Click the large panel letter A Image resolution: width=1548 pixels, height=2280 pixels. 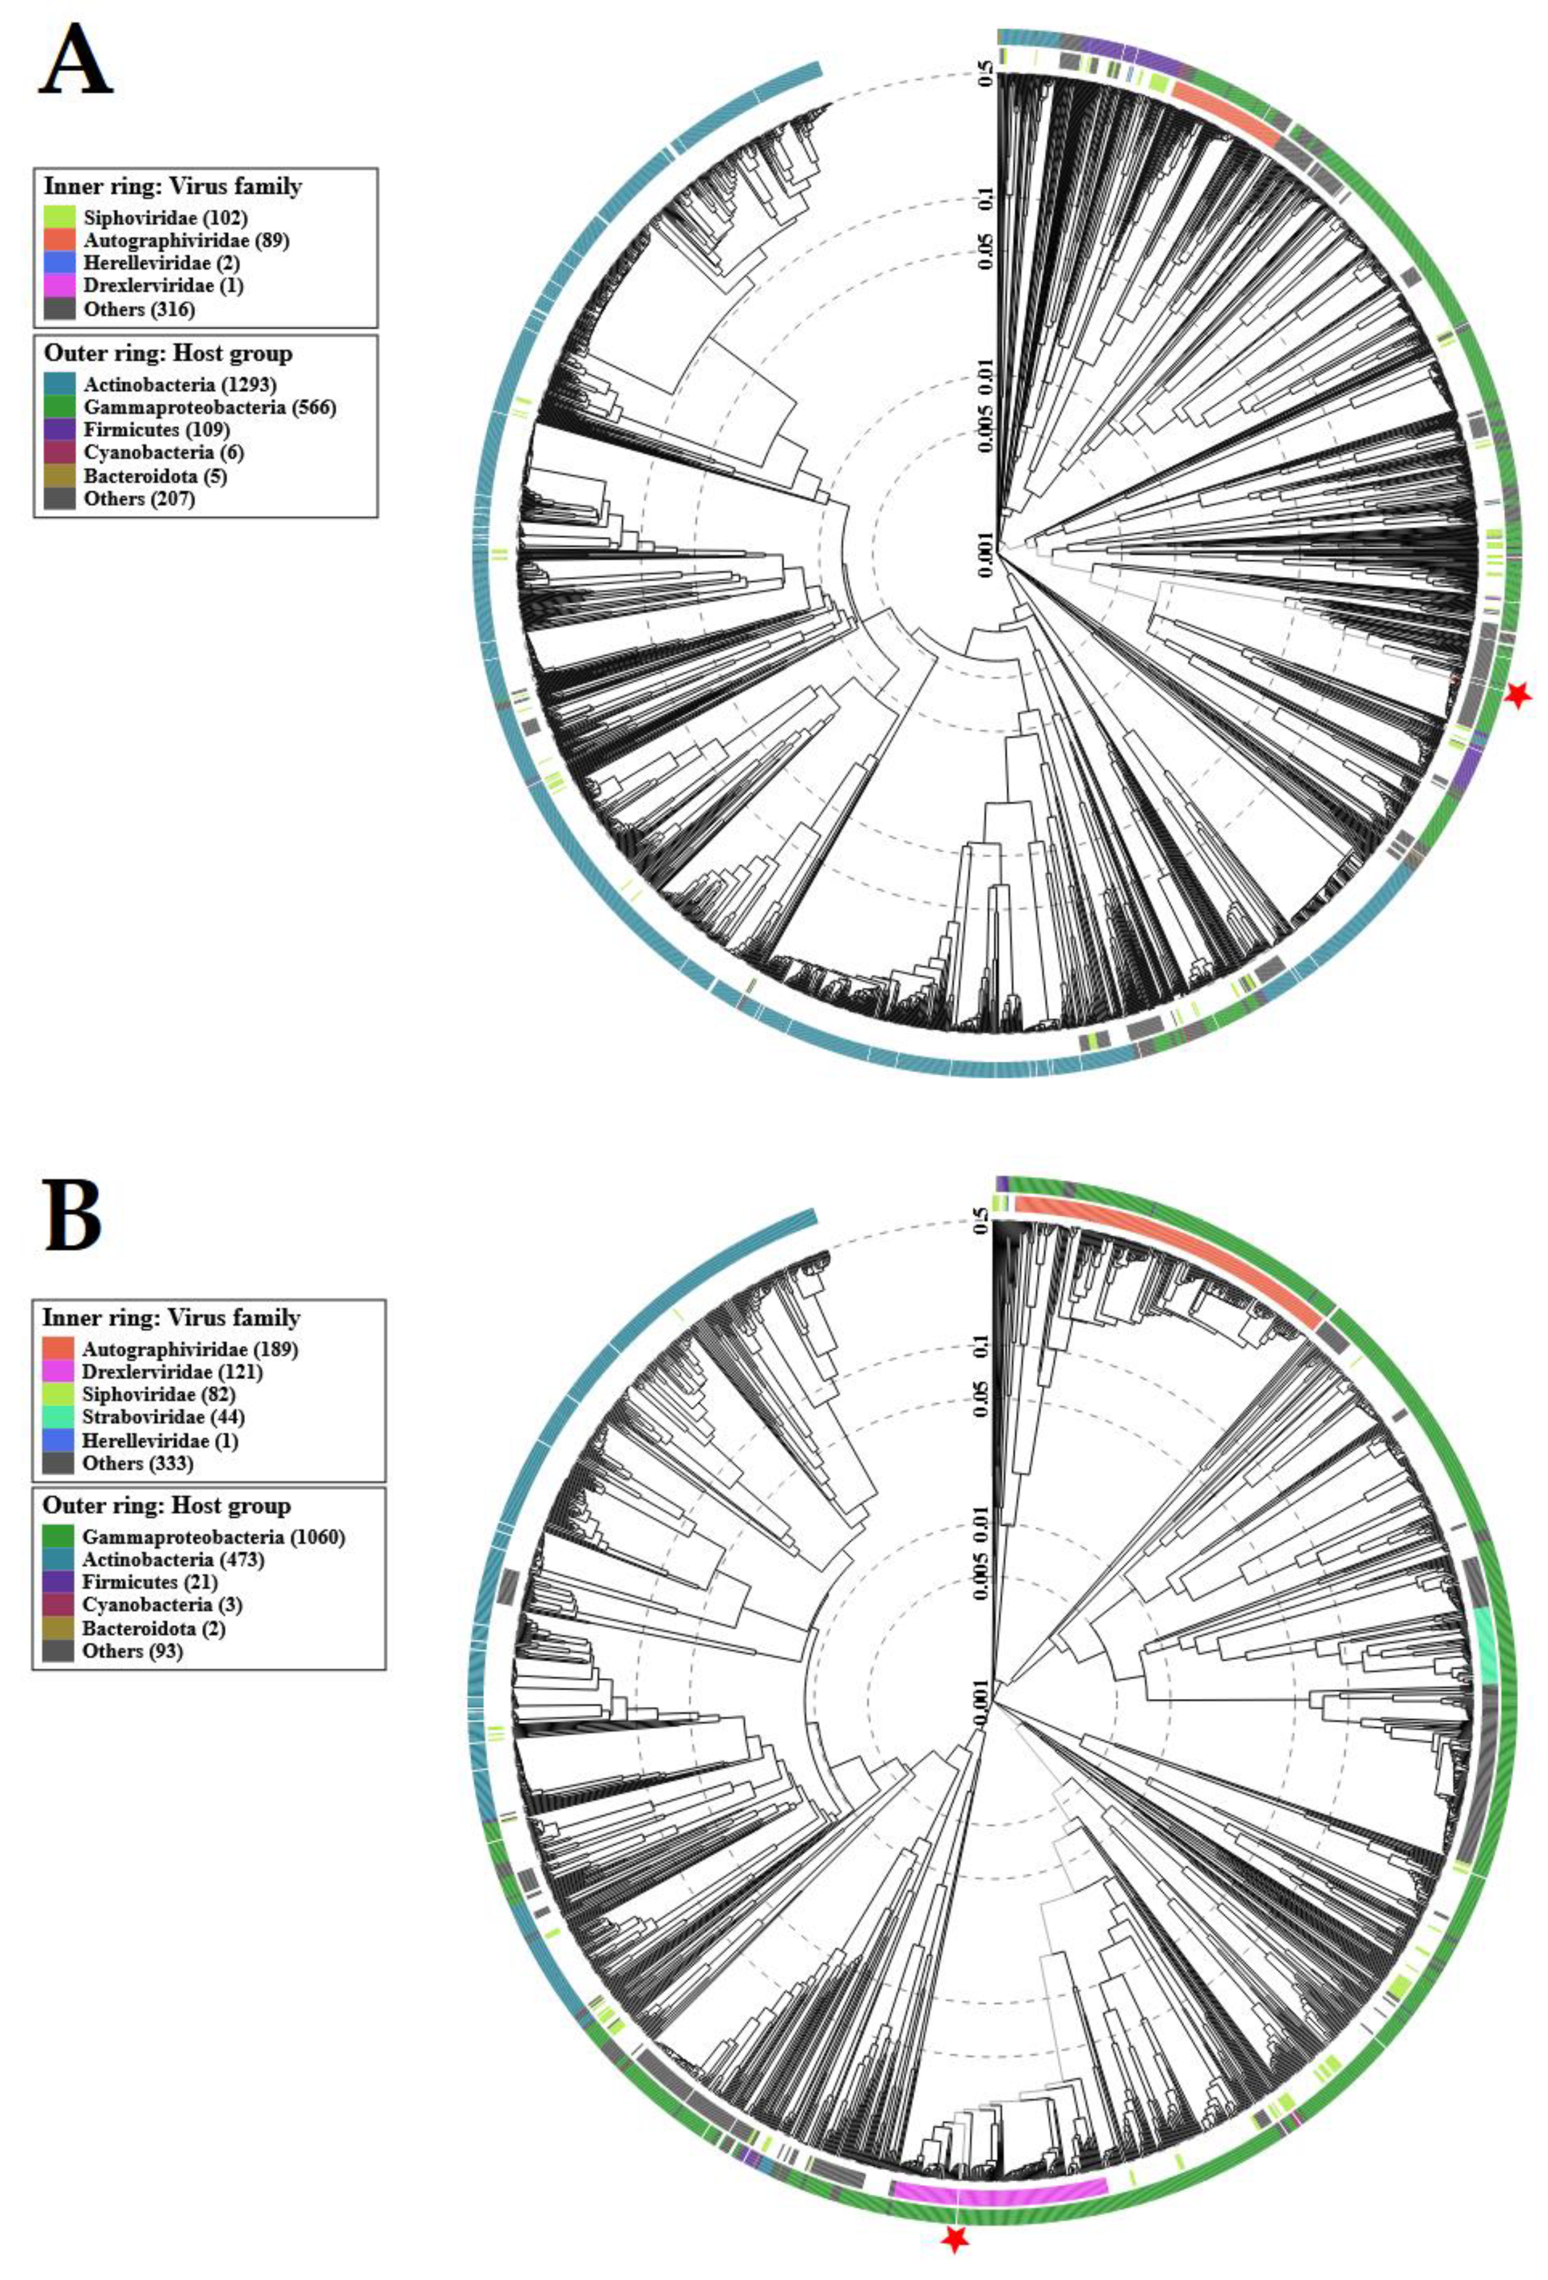[x=75, y=61]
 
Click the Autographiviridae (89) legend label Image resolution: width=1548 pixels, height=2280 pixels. [x=187, y=239]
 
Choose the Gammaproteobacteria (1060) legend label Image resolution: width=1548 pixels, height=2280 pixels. [x=213, y=1537]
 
